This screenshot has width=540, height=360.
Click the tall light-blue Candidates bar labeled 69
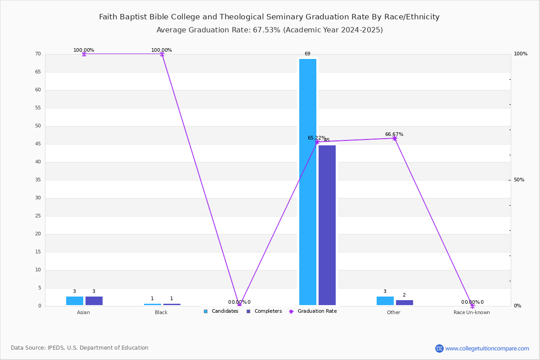308,182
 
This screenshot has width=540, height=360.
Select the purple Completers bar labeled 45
327,225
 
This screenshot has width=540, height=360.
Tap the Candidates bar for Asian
75,301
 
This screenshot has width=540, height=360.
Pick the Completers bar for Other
404,302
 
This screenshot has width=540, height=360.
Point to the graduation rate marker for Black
162,54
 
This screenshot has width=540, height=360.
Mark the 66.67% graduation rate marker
395,138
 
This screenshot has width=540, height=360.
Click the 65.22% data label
316,138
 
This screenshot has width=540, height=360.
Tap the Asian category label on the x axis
83,312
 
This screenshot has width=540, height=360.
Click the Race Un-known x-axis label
472,312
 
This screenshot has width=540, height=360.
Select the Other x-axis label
393,312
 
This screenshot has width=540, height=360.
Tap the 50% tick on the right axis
519,180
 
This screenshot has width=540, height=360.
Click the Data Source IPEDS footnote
80,348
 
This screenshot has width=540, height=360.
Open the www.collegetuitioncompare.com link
487,348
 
